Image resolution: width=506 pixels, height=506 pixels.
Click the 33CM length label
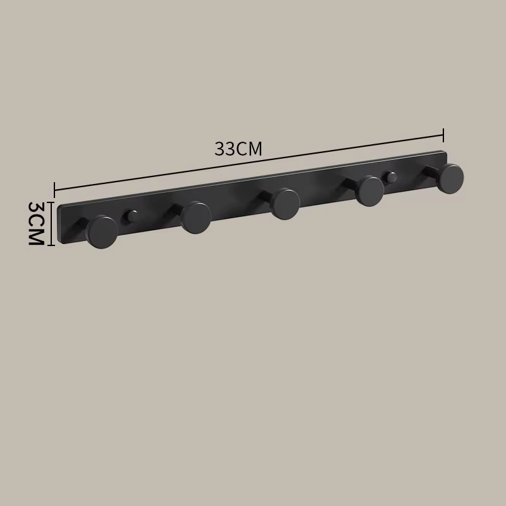[238, 149]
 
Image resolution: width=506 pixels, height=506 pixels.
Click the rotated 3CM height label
[35, 223]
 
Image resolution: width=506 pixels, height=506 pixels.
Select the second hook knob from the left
[196, 218]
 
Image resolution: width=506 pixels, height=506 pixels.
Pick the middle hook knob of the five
[285, 204]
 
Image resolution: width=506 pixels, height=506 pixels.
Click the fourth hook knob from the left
[370, 191]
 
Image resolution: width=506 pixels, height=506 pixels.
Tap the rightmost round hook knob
[450, 179]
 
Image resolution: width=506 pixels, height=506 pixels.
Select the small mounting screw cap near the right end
[391, 177]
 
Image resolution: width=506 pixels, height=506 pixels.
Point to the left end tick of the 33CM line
[54, 190]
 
